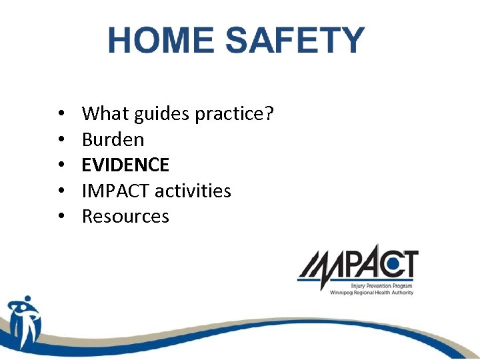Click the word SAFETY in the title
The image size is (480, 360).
[295, 41]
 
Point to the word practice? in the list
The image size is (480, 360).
[234, 115]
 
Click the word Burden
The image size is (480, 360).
[113, 139]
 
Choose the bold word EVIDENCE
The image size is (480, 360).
[125, 165]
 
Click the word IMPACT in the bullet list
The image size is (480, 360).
[116, 191]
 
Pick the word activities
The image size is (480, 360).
[193, 191]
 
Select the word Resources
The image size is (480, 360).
[125, 216]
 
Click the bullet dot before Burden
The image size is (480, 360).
[61, 140]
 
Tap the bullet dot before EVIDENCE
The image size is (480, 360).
[61, 165]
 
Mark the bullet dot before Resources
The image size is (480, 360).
[61, 217]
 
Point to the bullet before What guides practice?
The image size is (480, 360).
[61, 115]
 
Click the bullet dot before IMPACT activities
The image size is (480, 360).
[61, 191]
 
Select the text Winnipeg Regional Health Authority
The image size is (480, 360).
[371, 292]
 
